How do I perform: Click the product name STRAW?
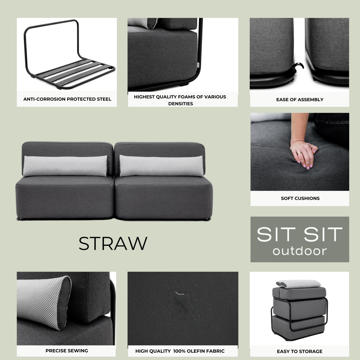click(x=113, y=243)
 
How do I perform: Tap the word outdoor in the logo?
click(x=299, y=251)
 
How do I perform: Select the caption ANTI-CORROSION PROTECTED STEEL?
click(x=67, y=99)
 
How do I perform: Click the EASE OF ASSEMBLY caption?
click(x=299, y=99)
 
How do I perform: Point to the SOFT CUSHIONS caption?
click(x=300, y=198)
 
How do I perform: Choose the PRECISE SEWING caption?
click(x=67, y=351)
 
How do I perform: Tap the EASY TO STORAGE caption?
click(x=299, y=351)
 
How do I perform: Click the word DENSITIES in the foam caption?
click(x=180, y=104)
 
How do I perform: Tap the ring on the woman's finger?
click(x=299, y=153)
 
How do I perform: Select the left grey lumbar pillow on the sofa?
click(x=65, y=166)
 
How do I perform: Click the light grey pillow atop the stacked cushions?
click(x=298, y=284)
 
